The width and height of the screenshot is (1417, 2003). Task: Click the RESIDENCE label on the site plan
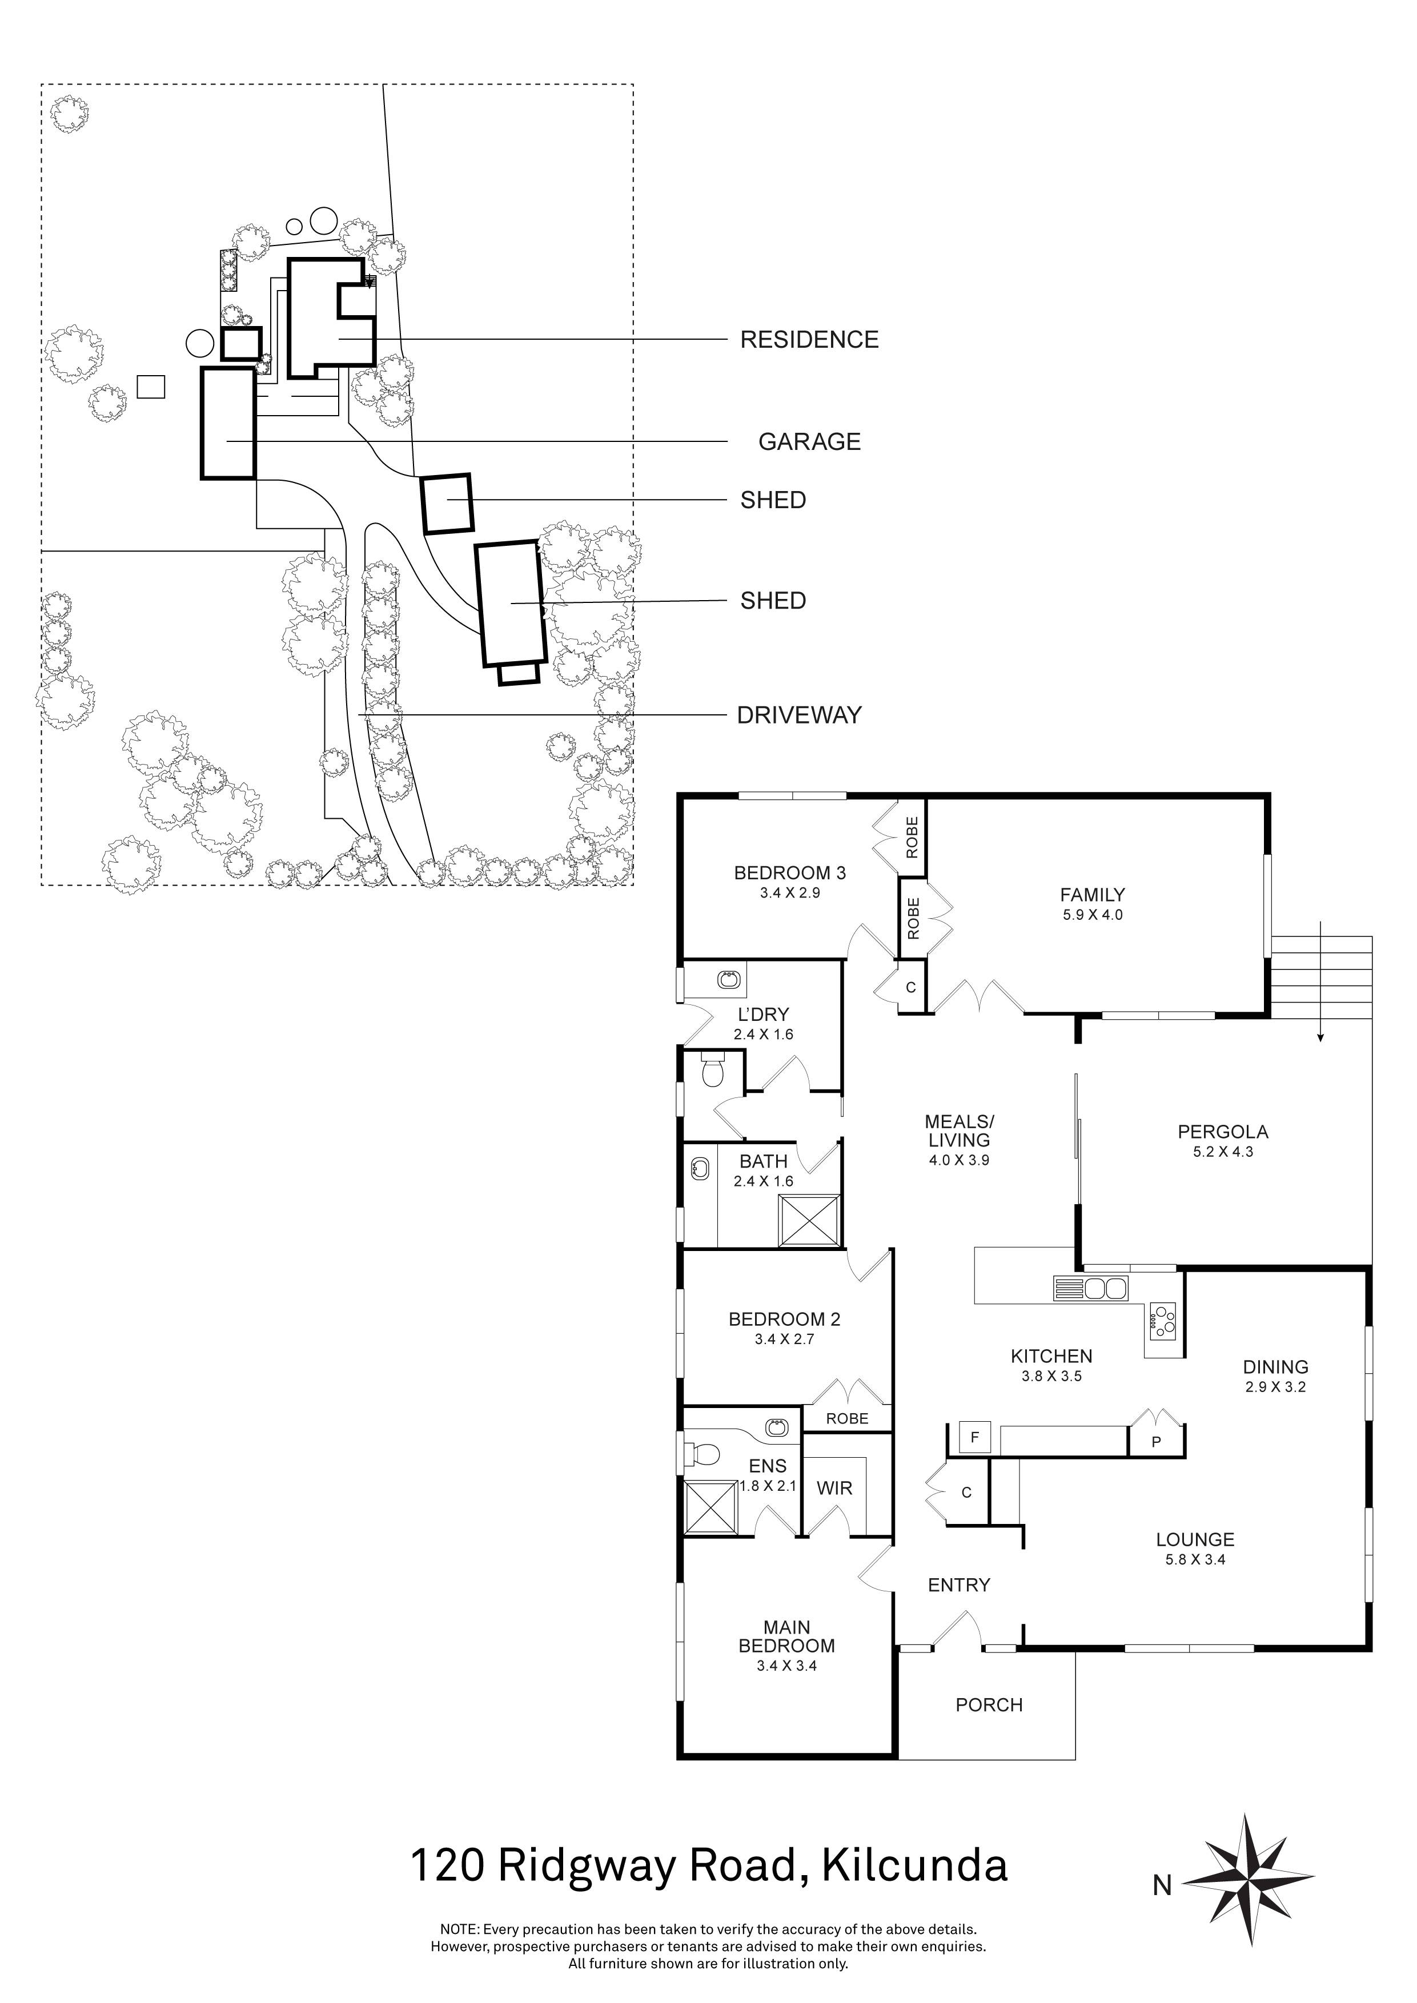(x=809, y=339)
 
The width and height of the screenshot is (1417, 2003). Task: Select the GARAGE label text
(x=809, y=443)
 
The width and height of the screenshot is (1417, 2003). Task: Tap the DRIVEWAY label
(x=799, y=715)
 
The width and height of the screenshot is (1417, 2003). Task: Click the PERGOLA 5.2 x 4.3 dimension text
(x=1222, y=1152)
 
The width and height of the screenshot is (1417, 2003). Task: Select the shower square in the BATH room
(x=808, y=1220)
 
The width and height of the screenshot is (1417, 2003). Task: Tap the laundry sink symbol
(x=729, y=980)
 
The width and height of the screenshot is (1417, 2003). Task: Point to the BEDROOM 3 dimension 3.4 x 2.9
(x=790, y=894)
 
